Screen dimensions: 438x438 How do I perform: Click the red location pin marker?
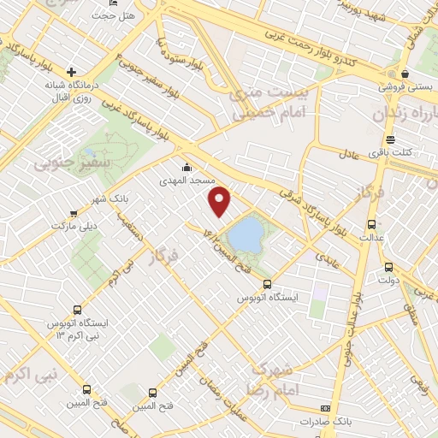(221, 200)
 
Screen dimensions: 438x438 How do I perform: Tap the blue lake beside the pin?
(246, 234)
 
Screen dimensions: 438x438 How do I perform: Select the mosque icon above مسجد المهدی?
(187, 168)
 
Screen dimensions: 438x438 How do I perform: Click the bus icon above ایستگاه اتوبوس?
(267, 284)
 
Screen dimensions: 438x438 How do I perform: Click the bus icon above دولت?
(388, 266)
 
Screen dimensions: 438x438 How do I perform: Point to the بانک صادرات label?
(326, 423)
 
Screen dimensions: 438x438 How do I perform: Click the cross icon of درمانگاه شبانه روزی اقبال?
(71, 72)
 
